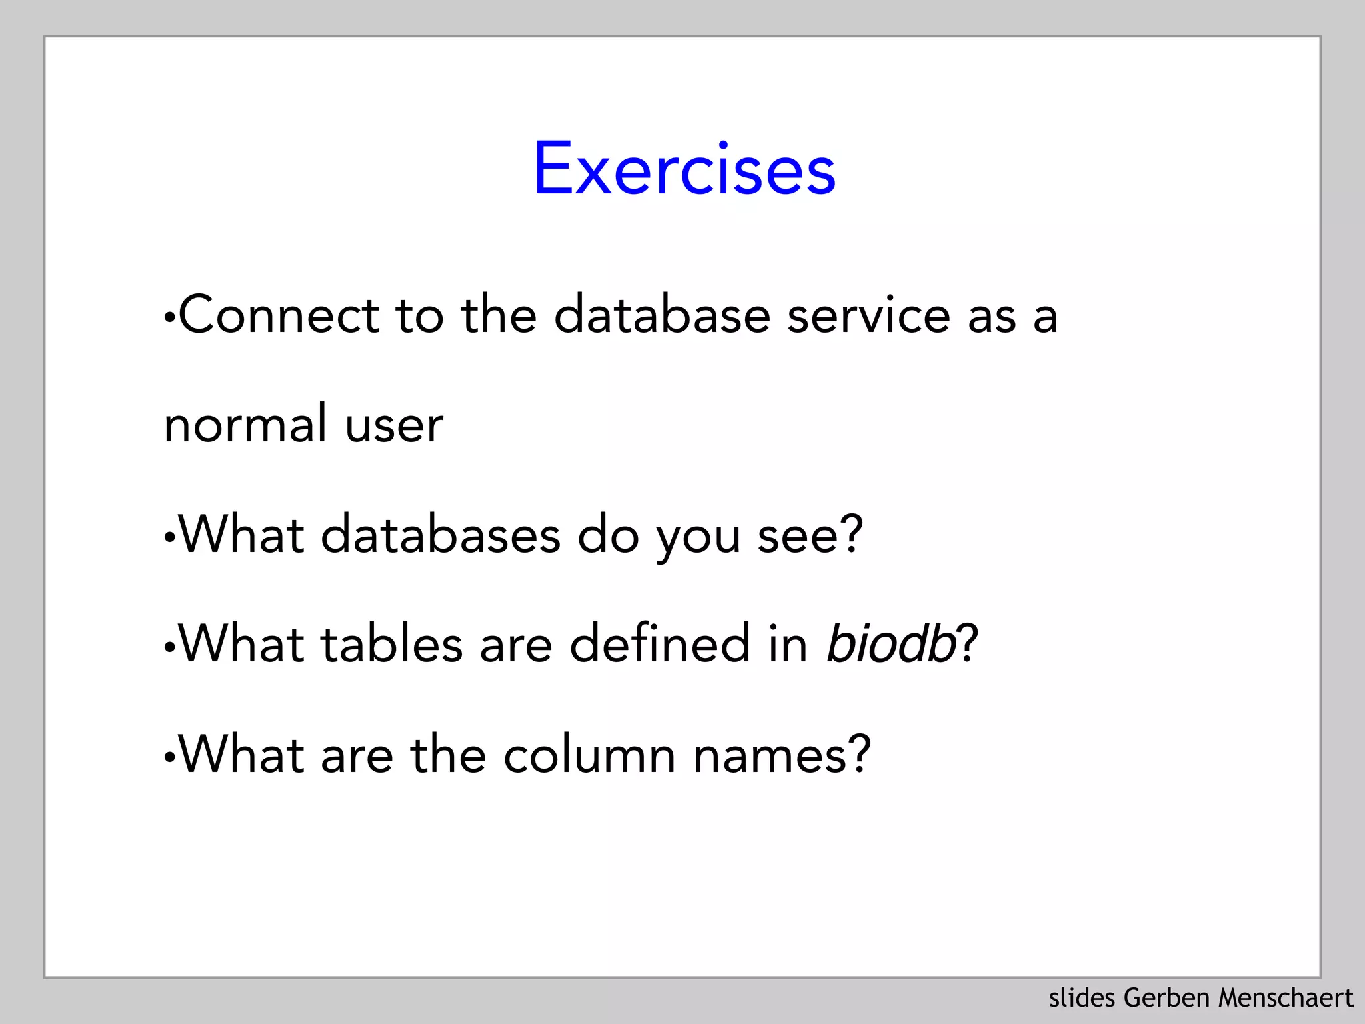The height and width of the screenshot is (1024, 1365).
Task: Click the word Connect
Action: pyautogui.click(x=279, y=315)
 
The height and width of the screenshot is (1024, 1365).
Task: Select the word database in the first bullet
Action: pyautogui.click(x=663, y=315)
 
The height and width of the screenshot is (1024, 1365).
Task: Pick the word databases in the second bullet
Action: pyautogui.click(x=441, y=535)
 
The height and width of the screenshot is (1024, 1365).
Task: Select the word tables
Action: pyautogui.click(x=392, y=644)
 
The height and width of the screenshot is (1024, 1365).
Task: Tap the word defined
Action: pyautogui.click(x=661, y=644)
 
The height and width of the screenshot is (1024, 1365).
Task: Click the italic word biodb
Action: pyautogui.click(x=891, y=644)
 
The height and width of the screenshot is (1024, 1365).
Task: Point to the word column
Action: pyautogui.click(x=590, y=755)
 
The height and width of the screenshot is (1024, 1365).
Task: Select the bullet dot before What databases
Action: pyautogui.click(x=169, y=538)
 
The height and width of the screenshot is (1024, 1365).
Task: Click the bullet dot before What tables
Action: pyautogui.click(x=169, y=647)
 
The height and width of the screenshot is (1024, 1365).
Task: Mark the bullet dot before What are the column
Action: pyautogui.click(x=169, y=759)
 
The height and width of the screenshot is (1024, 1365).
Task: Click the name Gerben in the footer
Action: pyautogui.click(x=1166, y=998)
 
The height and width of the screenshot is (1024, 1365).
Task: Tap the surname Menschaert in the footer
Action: pyautogui.click(x=1286, y=998)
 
